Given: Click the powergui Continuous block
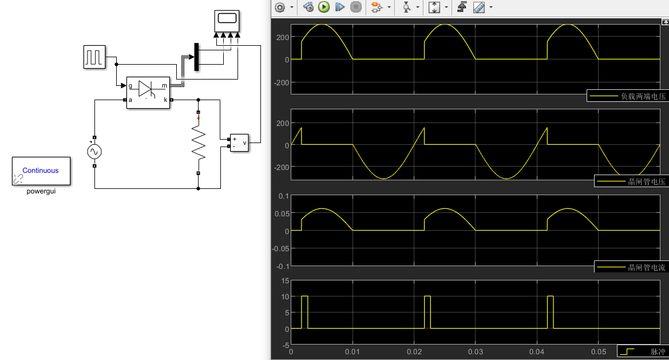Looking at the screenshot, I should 41,171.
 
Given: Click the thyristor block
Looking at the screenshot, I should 148,92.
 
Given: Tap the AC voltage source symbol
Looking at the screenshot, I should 94,152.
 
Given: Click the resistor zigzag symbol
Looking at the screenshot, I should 198,144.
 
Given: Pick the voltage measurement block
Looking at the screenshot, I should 239,143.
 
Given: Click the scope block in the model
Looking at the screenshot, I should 227,21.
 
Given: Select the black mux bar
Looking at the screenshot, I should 197,57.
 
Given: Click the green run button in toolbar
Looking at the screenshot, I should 324,7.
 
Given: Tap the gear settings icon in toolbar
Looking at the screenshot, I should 280,7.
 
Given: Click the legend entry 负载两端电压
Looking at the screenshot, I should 628,96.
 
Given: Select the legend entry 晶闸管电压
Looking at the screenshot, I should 631,181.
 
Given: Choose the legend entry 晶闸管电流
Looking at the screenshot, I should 631,267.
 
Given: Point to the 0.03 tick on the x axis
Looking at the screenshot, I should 475,351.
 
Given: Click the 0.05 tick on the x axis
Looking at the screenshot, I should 598,351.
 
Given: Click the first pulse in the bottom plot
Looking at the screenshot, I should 304,312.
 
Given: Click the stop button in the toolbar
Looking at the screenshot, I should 356,7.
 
